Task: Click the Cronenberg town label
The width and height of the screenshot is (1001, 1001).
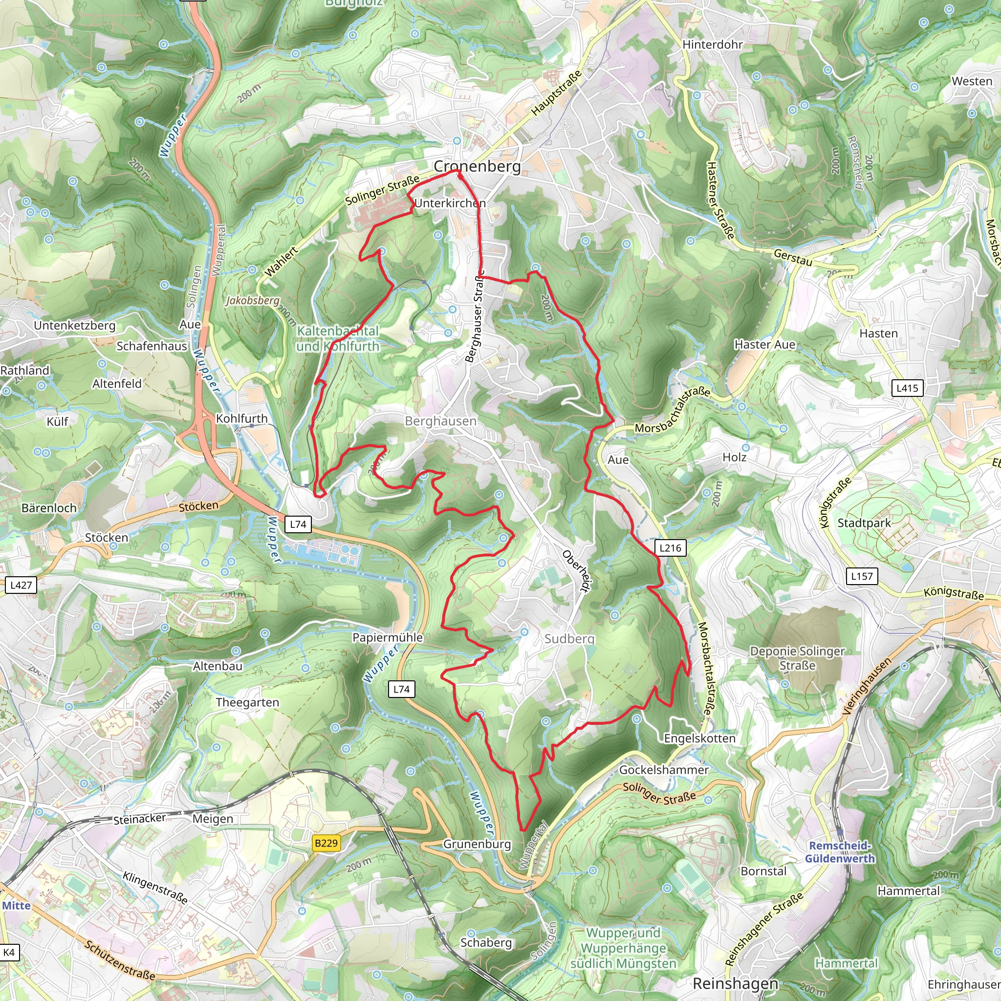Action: coord(477,166)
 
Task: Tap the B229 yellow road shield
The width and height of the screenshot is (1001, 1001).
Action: coord(326,843)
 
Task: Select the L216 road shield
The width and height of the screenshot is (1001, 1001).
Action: coord(670,547)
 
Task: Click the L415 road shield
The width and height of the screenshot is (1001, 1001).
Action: coord(907,388)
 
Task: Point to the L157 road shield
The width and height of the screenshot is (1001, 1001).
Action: coord(862,576)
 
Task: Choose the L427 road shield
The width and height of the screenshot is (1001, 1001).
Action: coord(21,585)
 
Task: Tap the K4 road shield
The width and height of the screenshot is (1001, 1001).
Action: coord(9,952)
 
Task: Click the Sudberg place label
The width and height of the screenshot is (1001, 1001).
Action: coord(569,639)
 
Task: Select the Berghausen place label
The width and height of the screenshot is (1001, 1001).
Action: coord(440,421)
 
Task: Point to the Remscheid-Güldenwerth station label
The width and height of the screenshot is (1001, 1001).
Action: coord(840,852)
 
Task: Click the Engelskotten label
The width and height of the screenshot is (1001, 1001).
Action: coord(699,739)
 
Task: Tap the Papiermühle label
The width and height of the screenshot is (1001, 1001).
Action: coord(388,637)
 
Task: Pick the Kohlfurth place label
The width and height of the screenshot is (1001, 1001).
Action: coord(241,419)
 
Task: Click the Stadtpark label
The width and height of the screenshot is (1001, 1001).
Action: coord(864,523)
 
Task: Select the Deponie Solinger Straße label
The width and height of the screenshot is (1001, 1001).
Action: coord(797,658)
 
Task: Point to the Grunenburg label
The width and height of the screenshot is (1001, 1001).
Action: coord(477,844)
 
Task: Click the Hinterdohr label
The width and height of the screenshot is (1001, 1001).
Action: coord(713,44)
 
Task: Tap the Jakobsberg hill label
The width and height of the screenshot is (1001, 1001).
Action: coord(252,301)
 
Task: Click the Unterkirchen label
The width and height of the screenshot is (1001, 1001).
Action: coord(450,203)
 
